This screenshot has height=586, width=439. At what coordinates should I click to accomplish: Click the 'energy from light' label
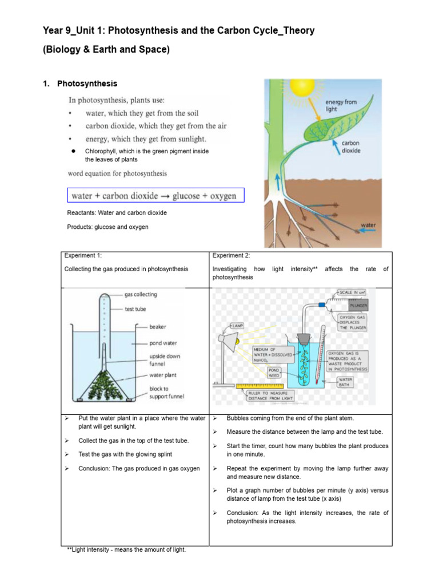point(341,105)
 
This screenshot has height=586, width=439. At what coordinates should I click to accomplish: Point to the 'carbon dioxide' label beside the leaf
point(350,147)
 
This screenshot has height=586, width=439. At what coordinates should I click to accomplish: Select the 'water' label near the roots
point(368,225)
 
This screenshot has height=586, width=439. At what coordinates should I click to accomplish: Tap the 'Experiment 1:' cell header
point(83,256)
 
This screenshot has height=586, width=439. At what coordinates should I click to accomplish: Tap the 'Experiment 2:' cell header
point(231,256)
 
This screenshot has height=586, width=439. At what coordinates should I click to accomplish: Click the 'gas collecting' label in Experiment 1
point(141,295)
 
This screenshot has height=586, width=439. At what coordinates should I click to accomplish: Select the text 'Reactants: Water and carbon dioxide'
point(117,212)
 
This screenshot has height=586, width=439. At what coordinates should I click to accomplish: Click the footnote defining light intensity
point(126,549)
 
